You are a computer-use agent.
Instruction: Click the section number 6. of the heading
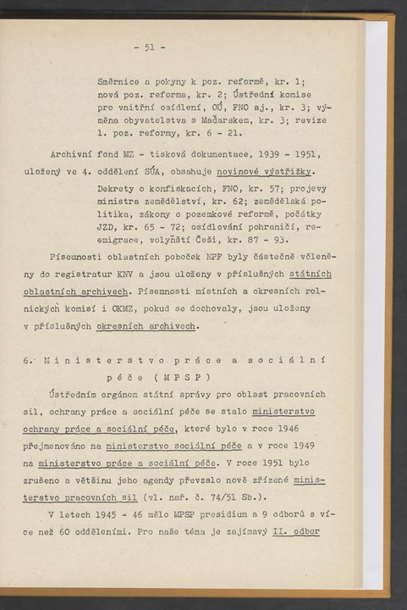28,360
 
